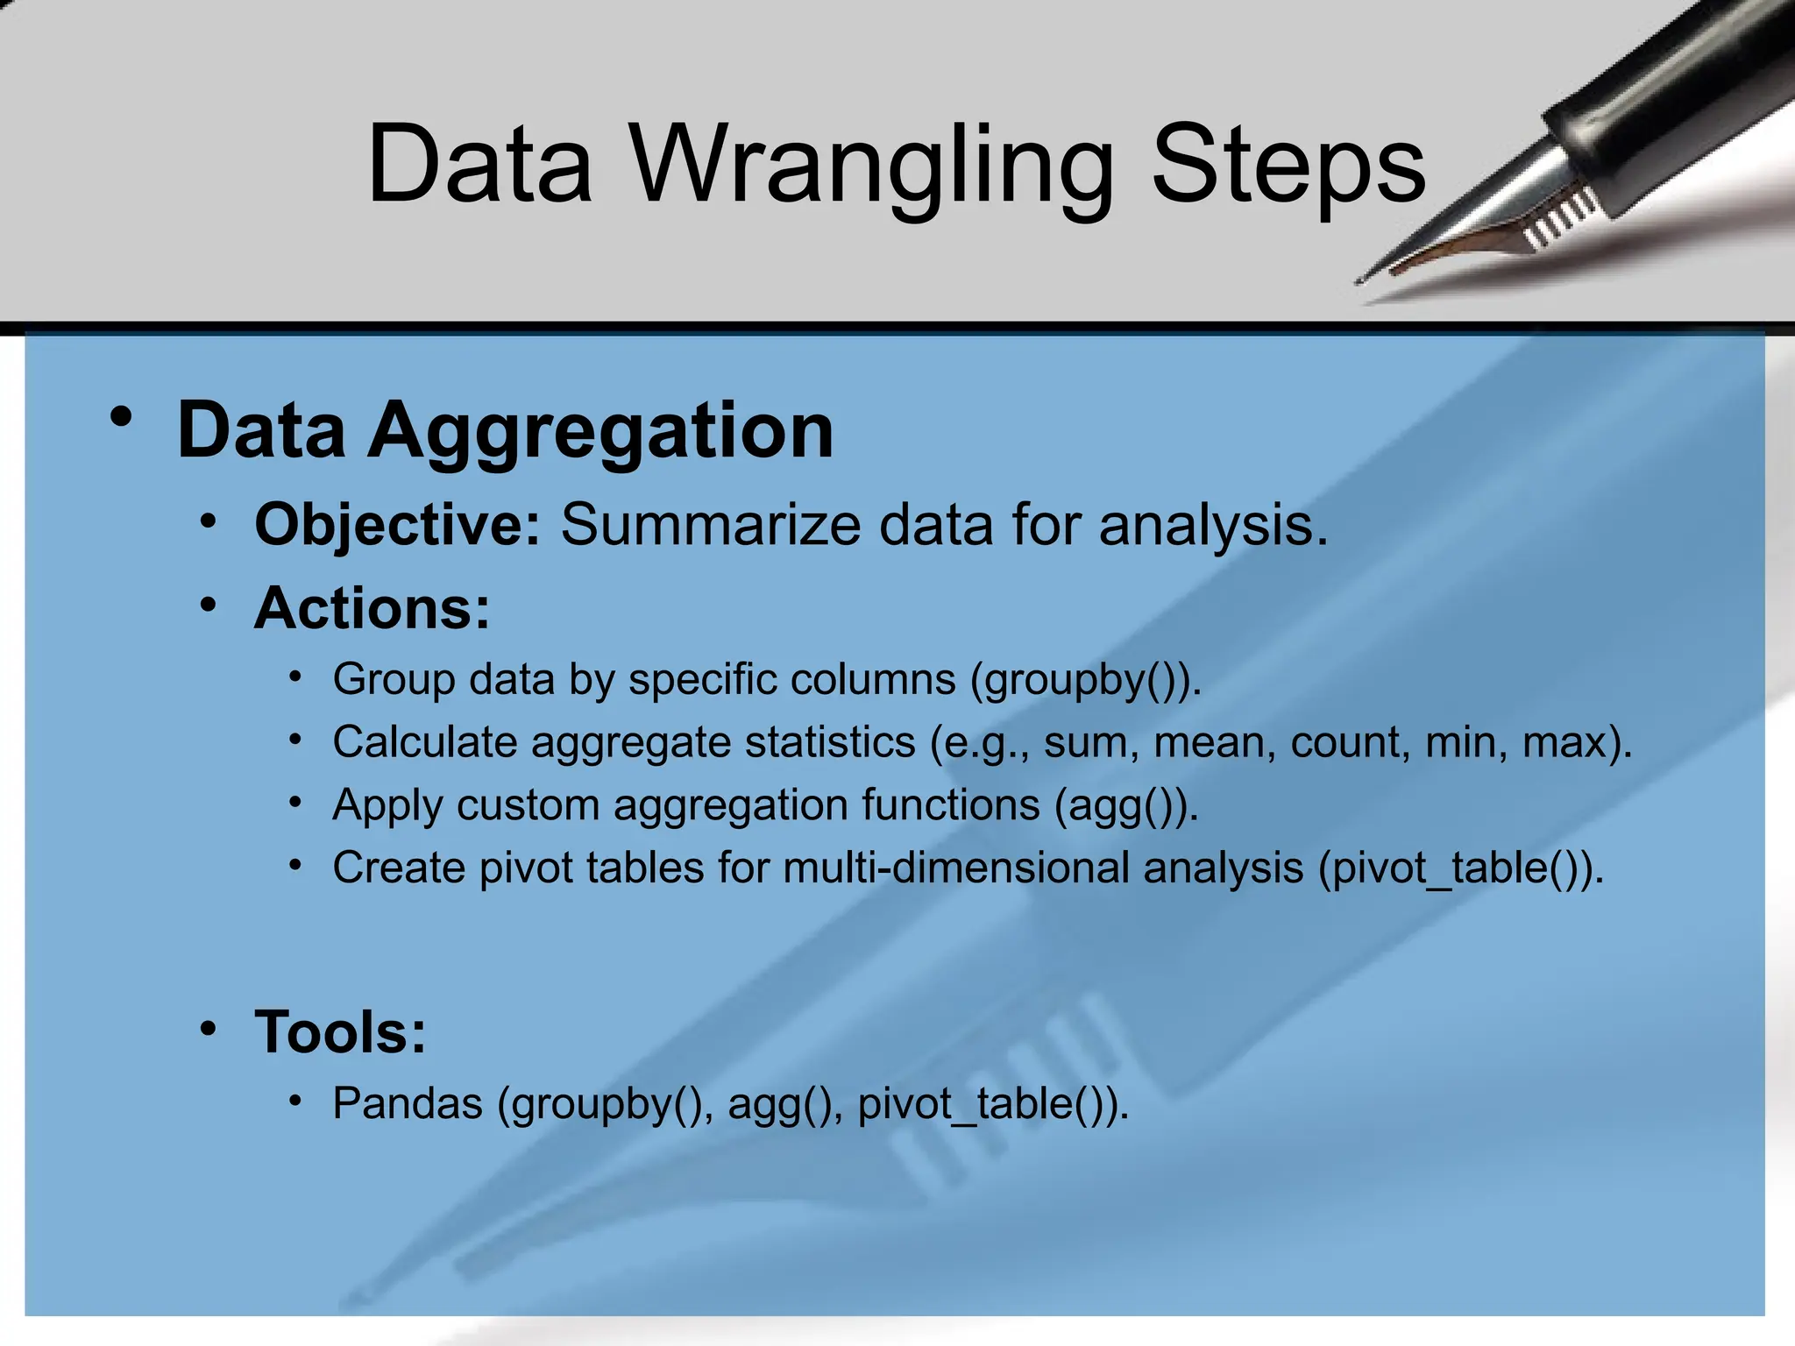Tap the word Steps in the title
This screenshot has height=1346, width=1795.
tap(1288, 165)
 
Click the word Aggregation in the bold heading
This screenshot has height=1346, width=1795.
tap(600, 431)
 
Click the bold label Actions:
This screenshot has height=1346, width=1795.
tap(372, 607)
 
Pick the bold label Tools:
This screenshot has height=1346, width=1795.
tap(340, 1031)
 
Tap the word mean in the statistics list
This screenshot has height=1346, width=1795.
tap(1214, 742)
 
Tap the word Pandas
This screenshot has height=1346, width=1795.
tap(408, 1103)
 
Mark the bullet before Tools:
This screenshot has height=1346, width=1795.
tap(208, 1028)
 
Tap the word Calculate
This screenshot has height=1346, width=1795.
tap(425, 742)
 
